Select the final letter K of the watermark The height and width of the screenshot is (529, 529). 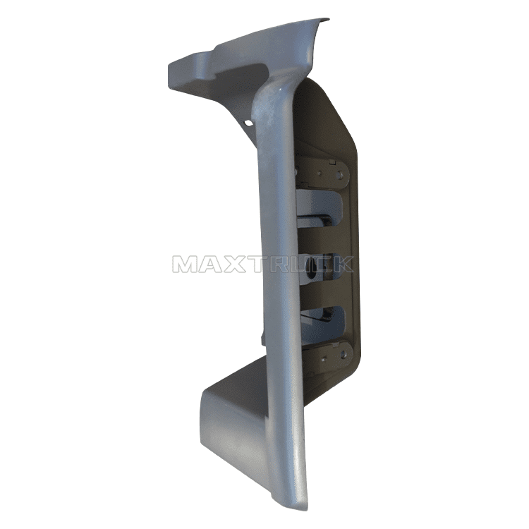[x=342, y=264]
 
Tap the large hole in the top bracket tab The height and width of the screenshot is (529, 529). [x=341, y=175]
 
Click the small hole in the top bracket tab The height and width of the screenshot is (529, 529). [x=320, y=174]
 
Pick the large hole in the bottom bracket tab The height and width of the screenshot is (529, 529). [x=343, y=354]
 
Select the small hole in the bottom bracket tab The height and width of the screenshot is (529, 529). [x=324, y=359]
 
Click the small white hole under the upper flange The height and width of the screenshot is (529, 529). [x=249, y=123]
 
